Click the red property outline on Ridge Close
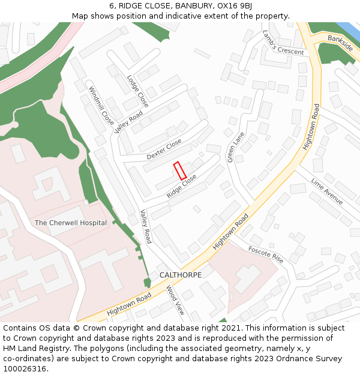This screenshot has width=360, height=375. (180, 171)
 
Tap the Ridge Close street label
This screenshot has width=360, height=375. (182, 186)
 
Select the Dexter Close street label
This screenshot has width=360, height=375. (164, 149)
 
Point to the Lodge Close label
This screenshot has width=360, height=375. (138, 91)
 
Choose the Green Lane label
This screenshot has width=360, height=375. (235, 147)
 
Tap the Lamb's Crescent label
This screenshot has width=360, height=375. (283, 43)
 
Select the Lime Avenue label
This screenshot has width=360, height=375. (327, 191)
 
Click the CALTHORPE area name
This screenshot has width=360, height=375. (181, 275)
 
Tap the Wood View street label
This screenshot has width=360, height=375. (175, 300)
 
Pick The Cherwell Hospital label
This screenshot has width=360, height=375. (71, 223)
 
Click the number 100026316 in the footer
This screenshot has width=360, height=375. (25, 368)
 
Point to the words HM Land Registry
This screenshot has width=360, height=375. (25, 348)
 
